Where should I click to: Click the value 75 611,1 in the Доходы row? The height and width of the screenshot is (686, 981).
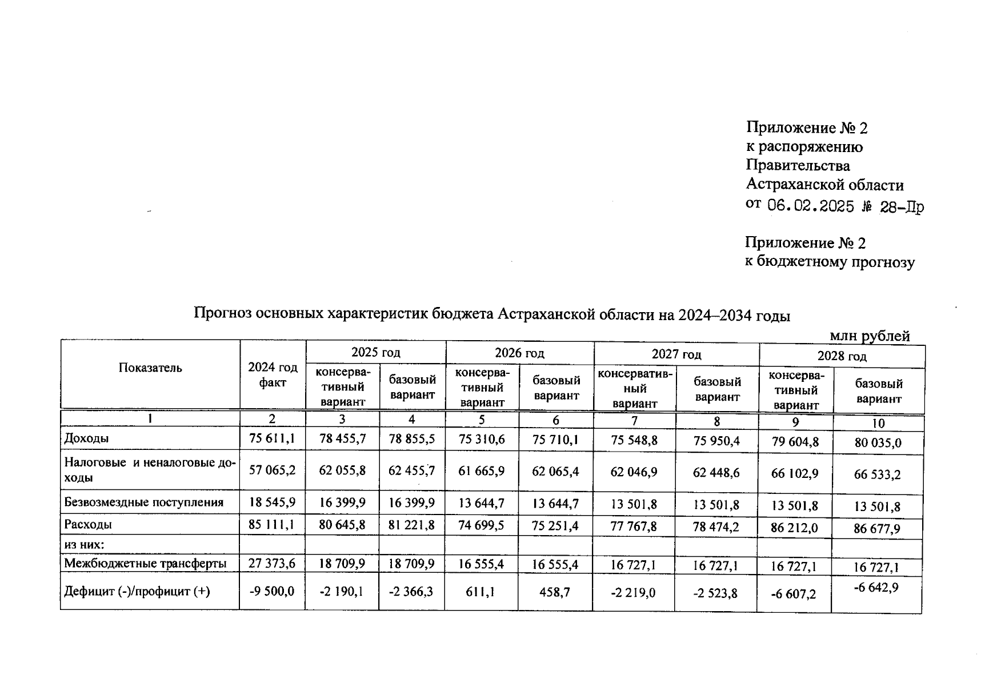pos(272,438)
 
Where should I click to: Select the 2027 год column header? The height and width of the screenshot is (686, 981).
pos(676,354)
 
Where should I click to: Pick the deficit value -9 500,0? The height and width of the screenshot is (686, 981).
pos(272,591)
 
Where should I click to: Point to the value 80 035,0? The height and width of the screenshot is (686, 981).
pos(878,442)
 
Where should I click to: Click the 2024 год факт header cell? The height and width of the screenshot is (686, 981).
pos(273,375)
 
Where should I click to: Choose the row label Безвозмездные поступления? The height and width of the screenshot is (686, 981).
pos(143,502)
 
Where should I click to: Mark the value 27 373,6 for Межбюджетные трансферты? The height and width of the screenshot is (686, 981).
pos(272,563)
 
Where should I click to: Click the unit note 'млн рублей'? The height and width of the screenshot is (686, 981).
pos(869,336)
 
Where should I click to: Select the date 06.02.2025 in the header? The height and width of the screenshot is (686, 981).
pos(810,206)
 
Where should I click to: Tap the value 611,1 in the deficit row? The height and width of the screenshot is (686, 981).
pos(481,592)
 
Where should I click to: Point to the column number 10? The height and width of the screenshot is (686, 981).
pos(878,424)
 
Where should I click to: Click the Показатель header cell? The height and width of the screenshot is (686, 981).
pos(150,368)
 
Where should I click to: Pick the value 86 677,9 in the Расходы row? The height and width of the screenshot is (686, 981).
pos(876,528)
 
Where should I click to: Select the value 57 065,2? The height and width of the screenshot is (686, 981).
pos(272,470)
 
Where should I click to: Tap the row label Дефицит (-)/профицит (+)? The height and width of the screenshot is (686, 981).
pos(137,591)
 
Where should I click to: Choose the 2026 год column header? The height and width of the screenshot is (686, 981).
pos(519,353)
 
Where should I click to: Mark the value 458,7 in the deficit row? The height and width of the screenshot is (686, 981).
pos(555,592)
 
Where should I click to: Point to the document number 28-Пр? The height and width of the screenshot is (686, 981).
pos(902,207)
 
